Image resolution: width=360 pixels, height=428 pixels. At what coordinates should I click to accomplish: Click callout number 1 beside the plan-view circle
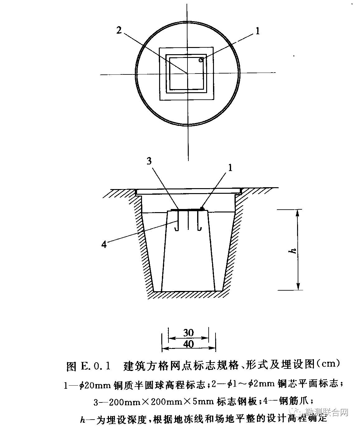[x=257, y=31]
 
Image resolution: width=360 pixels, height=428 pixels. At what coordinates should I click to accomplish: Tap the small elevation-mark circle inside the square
[x=201, y=59]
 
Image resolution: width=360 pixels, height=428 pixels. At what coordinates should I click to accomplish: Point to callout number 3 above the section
[x=149, y=161]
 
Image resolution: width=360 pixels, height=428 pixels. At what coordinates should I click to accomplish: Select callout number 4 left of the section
[x=104, y=245]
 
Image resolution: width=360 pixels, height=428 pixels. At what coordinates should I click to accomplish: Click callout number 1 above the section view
[x=230, y=168]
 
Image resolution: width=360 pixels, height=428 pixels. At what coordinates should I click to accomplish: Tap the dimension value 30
[x=188, y=333]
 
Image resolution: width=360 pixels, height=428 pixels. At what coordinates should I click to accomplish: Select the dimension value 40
[x=188, y=344]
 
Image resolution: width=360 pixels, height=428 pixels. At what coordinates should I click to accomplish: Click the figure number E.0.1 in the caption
[x=95, y=365]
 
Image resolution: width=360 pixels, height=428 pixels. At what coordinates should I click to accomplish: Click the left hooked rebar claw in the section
[x=177, y=221]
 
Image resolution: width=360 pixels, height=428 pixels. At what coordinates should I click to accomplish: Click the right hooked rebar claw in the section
[x=199, y=221]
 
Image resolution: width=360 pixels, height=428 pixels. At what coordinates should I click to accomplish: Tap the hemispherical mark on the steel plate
[x=202, y=208]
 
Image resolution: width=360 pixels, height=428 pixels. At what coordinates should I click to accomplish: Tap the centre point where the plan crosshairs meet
[x=188, y=74]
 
